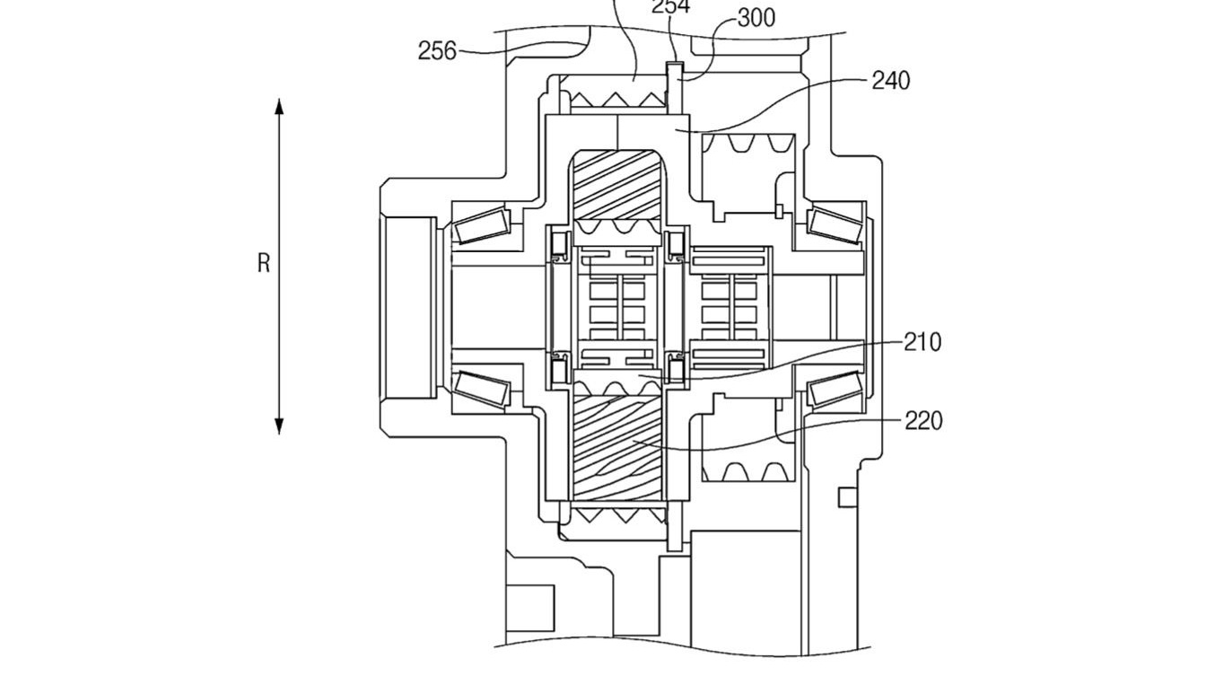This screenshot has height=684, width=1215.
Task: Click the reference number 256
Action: [x=437, y=52]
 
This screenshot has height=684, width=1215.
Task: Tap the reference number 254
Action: [x=670, y=7]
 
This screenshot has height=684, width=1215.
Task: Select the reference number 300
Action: [x=756, y=18]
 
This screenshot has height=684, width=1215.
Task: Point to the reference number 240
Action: [x=890, y=81]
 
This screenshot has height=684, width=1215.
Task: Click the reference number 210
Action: [x=922, y=342]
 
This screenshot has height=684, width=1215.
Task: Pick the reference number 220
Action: [x=922, y=420]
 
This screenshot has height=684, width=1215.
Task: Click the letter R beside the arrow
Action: [x=264, y=264]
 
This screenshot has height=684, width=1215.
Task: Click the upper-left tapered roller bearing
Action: [x=483, y=225]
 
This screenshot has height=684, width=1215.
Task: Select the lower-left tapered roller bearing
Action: [x=483, y=387]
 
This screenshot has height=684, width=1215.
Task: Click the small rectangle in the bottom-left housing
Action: [x=529, y=602]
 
